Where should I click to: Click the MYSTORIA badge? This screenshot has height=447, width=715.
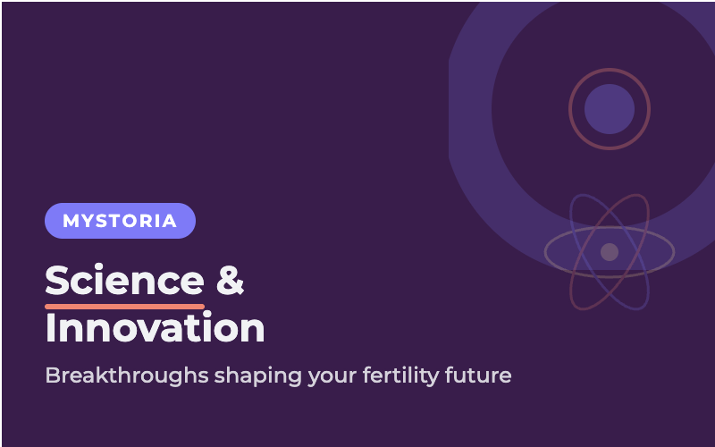[x=120, y=221]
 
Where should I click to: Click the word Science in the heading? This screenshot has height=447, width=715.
[x=124, y=281]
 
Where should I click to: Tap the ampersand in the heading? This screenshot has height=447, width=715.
[x=231, y=281]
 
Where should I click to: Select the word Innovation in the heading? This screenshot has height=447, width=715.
[x=155, y=328]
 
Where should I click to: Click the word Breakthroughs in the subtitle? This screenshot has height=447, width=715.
[x=127, y=375]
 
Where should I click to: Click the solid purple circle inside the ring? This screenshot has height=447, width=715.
[x=610, y=109]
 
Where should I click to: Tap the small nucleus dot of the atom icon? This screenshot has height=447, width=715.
[x=610, y=252]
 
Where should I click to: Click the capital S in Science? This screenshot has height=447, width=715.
[x=58, y=281]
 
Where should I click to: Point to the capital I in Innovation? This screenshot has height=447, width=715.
[x=50, y=328]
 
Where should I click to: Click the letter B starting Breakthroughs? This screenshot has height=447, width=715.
[x=52, y=375]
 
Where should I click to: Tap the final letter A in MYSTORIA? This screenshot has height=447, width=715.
[x=170, y=221]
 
